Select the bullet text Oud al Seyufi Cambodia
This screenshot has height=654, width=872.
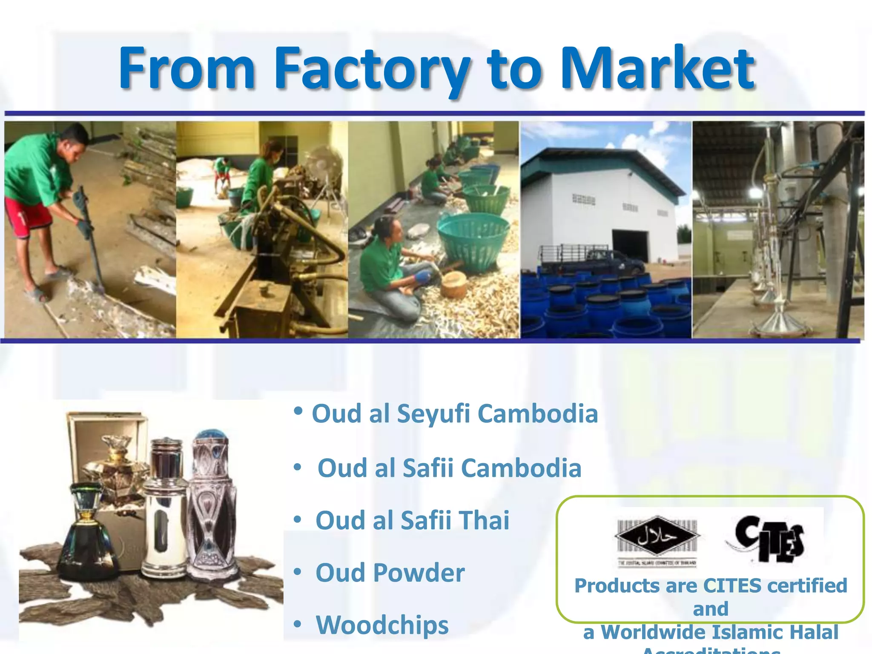point(455,413)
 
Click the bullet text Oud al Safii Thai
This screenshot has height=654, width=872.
point(412,520)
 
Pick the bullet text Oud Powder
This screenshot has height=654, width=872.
point(390,573)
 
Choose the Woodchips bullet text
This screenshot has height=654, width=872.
point(382,625)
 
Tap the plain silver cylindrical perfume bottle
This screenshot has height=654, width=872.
point(165,507)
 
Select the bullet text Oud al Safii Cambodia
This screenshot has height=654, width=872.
point(449,468)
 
